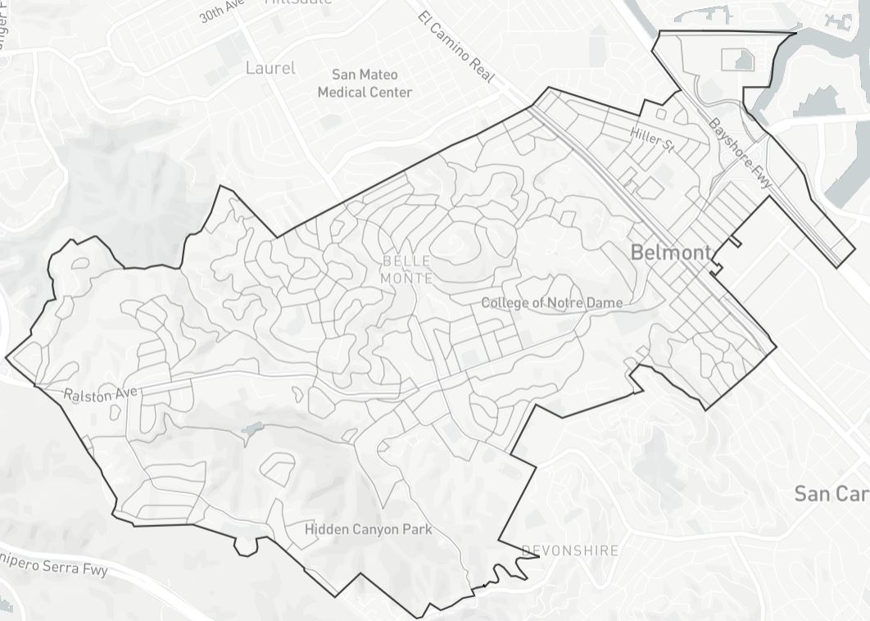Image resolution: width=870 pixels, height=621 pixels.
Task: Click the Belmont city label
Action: click(x=671, y=252)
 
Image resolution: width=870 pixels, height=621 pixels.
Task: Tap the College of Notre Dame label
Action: click(x=551, y=303)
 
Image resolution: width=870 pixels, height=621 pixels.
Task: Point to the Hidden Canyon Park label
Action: click(x=368, y=529)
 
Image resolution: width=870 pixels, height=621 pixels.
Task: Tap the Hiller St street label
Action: click(x=652, y=140)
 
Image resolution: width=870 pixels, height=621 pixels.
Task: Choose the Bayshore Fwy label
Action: click(x=741, y=155)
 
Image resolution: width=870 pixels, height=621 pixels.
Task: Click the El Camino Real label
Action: click(x=456, y=47)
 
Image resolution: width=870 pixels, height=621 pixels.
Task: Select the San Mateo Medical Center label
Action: click(x=365, y=84)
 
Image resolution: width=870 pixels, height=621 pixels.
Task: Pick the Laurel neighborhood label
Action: click(x=270, y=68)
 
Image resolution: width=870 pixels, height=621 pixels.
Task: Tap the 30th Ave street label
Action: click(x=220, y=11)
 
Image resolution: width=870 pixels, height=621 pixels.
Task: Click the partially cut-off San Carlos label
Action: click(x=831, y=493)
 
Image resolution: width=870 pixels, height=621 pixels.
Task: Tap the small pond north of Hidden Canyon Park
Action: click(x=251, y=428)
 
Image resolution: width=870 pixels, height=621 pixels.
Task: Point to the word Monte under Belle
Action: click(x=406, y=279)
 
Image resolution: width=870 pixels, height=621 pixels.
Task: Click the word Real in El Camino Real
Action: click(x=481, y=71)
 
